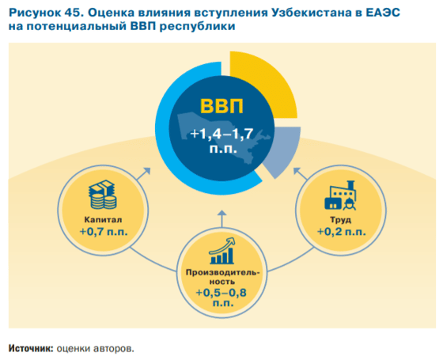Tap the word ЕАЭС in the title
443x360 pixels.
click(x=370, y=12)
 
